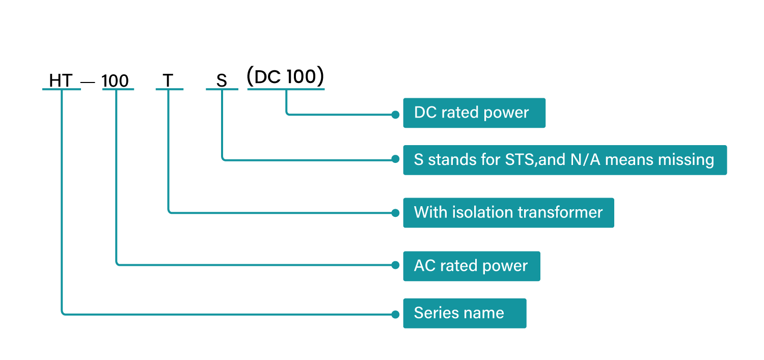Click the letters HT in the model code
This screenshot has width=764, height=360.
tap(61, 80)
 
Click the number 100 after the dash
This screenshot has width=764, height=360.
tap(115, 81)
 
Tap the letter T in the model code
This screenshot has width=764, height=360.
tap(168, 80)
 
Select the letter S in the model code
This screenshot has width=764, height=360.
tap(222, 81)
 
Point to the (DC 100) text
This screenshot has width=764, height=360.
tap(285, 76)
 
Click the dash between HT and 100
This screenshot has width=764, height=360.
tap(88, 82)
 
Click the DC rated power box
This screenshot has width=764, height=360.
tap(474, 113)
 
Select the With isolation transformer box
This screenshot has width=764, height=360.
tap(508, 213)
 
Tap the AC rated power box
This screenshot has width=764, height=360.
tap(472, 266)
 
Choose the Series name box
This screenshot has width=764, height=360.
tap(465, 313)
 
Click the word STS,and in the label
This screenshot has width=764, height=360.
tap(535, 160)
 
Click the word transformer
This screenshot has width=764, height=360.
tap(560, 212)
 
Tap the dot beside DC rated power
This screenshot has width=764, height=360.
tap(395, 115)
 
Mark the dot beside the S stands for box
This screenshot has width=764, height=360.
tap(395, 159)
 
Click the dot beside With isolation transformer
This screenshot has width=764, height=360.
tap(395, 213)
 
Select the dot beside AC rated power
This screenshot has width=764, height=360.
tap(395, 265)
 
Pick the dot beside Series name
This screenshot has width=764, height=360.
tap(395, 315)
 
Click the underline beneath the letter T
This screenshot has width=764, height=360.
tap(170, 89)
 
